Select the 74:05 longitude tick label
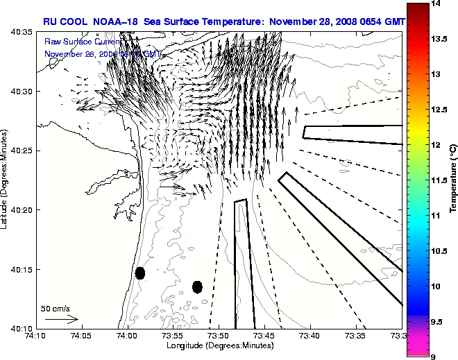[x=80, y=336]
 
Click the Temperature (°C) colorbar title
[x=452, y=180]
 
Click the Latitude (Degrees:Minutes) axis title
[x=6, y=180]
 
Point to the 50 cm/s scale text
[x=55, y=308]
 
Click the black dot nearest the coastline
[x=140, y=273]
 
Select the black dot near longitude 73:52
[x=197, y=286]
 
